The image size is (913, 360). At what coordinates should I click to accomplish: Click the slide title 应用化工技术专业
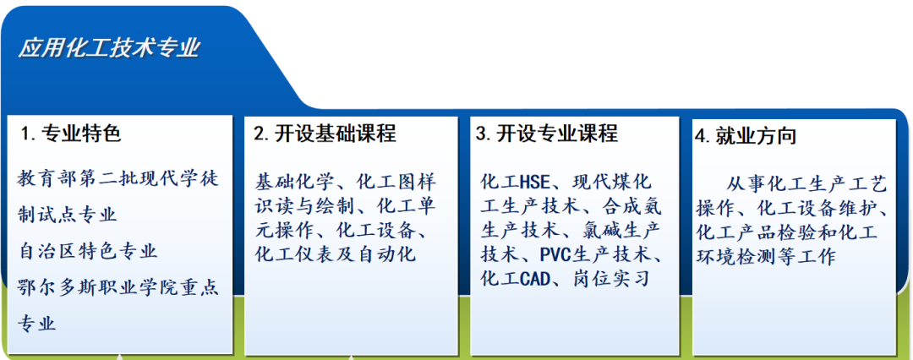click(109, 48)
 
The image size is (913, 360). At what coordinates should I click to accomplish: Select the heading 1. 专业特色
click(70, 134)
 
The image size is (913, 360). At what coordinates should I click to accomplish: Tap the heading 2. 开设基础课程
click(325, 134)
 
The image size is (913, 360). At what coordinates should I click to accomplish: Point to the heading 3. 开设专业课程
click(547, 134)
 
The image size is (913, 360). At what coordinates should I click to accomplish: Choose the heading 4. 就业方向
click(746, 136)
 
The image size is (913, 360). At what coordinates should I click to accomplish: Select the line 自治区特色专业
click(88, 252)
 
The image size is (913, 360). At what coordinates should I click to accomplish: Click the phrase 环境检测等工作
click(766, 257)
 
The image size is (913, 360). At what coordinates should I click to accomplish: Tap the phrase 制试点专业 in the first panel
click(68, 215)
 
